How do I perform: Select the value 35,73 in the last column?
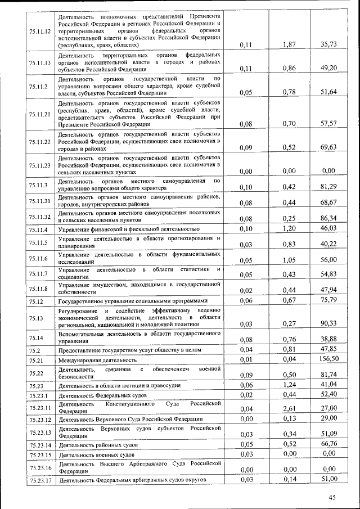click(328, 44)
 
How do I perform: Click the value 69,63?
click(328, 148)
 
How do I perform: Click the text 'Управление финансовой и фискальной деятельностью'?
click(129, 229)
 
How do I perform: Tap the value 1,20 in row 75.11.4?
click(289, 228)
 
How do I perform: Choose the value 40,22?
click(328, 244)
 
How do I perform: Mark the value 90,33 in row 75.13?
click(328, 323)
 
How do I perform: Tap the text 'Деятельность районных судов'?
click(97, 445)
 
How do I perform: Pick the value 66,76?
click(328, 444)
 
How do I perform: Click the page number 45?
click(332, 497)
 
